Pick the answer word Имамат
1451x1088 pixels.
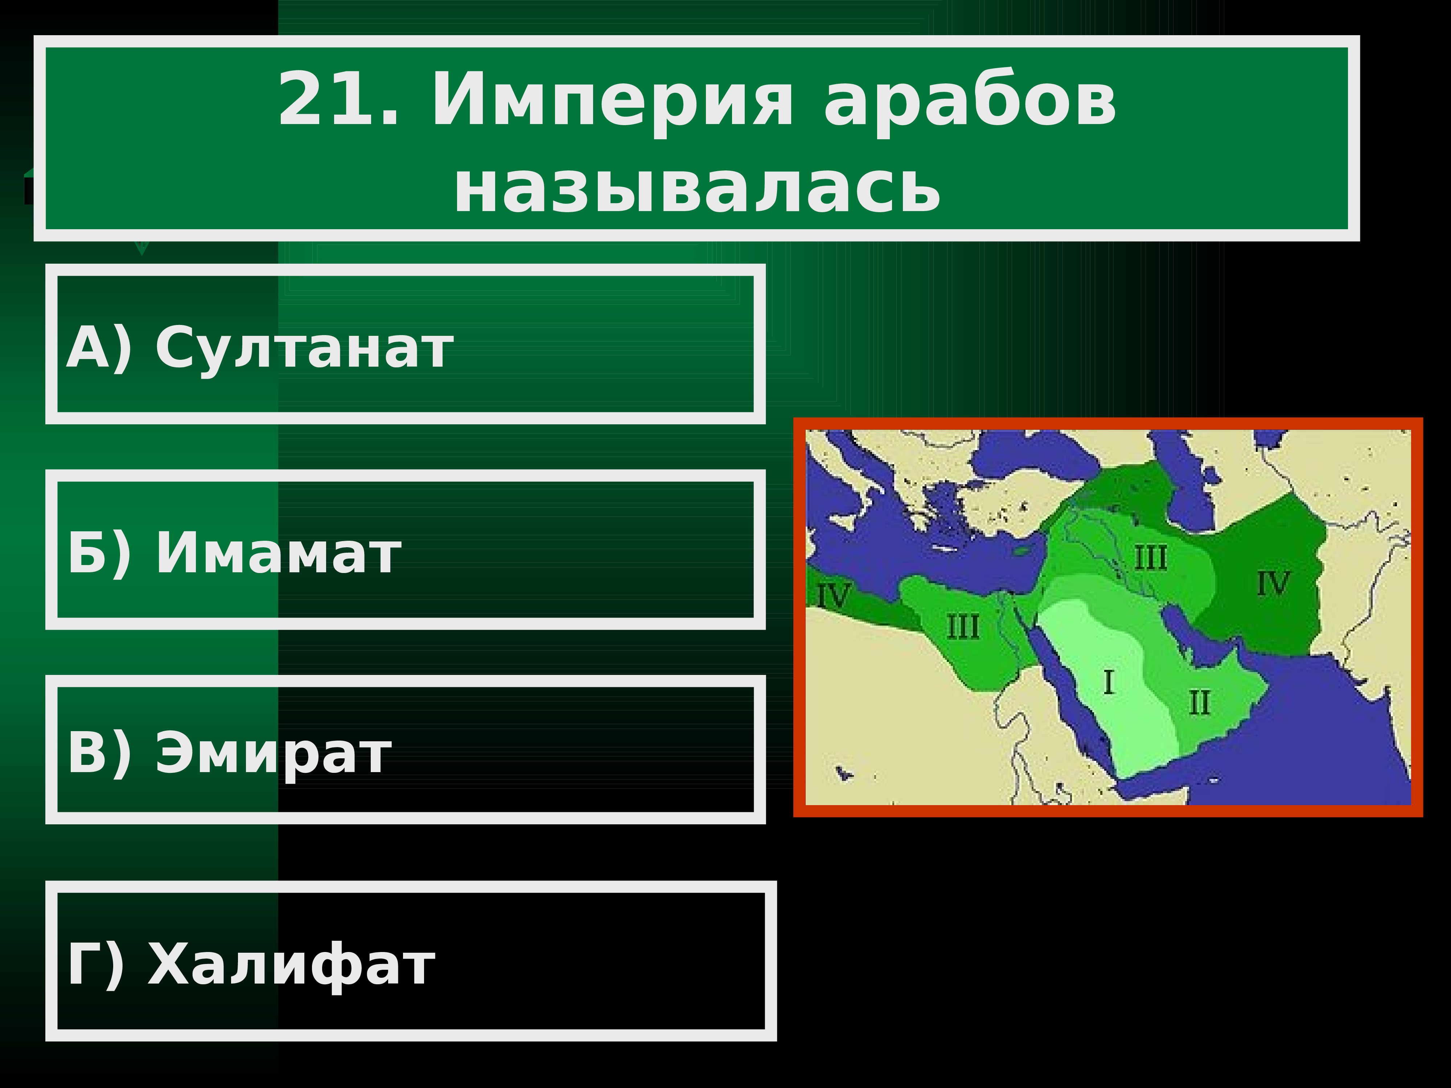278,552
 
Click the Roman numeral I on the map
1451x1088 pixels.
1109,682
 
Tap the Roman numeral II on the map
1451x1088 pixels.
1199,703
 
